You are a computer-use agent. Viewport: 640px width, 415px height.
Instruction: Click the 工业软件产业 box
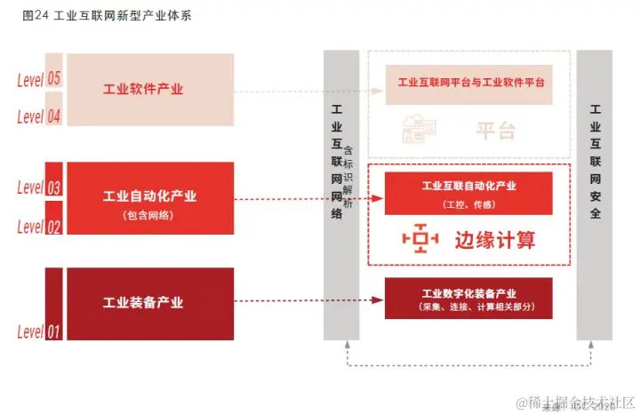tap(149, 90)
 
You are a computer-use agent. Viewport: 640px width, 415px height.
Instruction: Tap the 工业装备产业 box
tap(149, 303)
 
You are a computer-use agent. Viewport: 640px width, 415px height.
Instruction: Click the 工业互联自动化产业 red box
tap(468, 193)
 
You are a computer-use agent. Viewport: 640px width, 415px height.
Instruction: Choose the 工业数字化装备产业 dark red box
tap(468, 299)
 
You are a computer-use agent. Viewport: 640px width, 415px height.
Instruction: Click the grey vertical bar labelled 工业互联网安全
tap(595, 195)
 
